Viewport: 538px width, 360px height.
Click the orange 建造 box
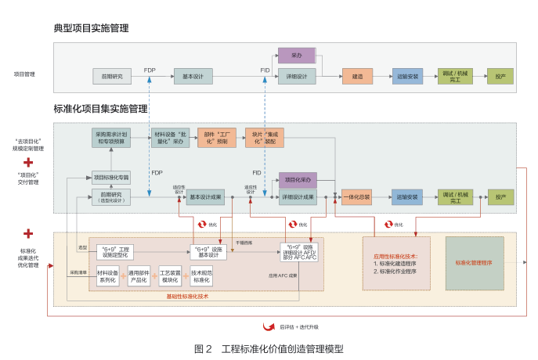click(x=356, y=76)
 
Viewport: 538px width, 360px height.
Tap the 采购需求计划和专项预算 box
click(x=111, y=138)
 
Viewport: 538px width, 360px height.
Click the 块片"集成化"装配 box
click(x=264, y=138)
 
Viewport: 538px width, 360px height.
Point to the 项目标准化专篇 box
click(x=111, y=177)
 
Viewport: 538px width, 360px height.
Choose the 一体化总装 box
click(x=356, y=196)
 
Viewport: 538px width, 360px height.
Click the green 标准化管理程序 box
click(x=474, y=263)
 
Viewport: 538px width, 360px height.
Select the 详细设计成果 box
click(x=298, y=196)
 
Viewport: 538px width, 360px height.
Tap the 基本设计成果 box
click(x=206, y=196)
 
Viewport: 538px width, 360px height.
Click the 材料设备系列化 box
click(x=107, y=275)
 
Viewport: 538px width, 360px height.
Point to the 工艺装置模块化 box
click(x=170, y=275)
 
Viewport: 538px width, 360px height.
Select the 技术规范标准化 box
click(x=201, y=275)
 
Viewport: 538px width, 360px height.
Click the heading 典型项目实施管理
click(x=91, y=28)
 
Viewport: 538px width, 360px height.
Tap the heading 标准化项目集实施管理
click(x=100, y=109)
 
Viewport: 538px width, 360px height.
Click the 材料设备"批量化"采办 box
click(x=170, y=138)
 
